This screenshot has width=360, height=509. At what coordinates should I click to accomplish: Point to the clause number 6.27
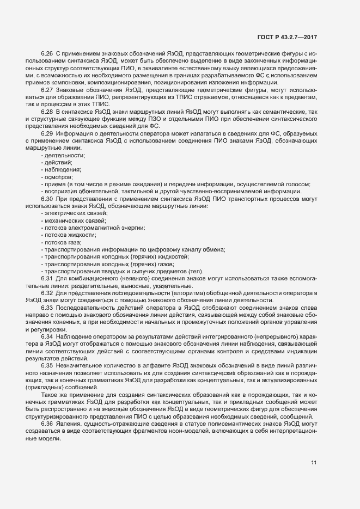click(x=47, y=89)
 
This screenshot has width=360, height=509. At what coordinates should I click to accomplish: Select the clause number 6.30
click(x=47, y=199)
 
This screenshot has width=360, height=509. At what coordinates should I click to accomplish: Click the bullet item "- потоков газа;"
click(x=61, y=242)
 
